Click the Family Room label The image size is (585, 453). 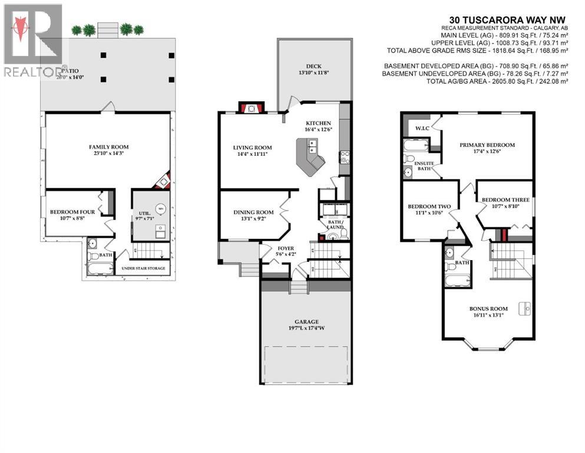pos(108,147)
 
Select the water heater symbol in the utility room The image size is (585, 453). pos(160,208)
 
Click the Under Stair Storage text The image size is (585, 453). pos(143,268)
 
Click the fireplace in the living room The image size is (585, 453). pos(251,108)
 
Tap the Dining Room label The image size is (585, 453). pos(254,212)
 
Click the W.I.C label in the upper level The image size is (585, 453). pos(421,128)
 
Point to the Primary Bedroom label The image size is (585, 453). pos(487,145)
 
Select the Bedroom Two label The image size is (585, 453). pos(429,206)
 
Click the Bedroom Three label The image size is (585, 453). pos(505,200)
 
